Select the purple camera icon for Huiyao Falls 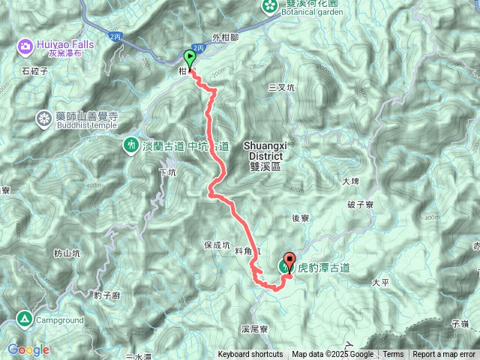click(25, 47)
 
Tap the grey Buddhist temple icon click(43, 118)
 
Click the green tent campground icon click(25, 319)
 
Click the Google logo click(28, 349)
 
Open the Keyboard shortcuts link click(250, 355)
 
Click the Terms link click(393, 355)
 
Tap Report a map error click(445, 355)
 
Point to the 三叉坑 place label click(282, 88)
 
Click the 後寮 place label click(301, 217)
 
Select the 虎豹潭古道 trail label click(324, 265)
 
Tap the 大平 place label click(380, 283)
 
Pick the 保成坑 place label click(216, 244)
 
